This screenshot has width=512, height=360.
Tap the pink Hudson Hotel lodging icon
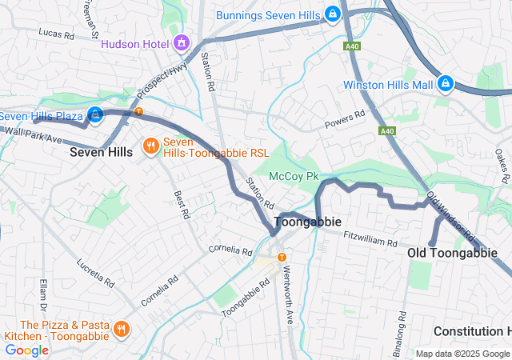tap(182, 41)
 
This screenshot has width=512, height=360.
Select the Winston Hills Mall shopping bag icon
tap(446, 84)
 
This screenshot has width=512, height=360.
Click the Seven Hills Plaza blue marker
tap(95, 116)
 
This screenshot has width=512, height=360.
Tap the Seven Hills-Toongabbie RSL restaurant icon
tap(150, 146)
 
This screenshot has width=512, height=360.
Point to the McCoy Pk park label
tap(294, 175)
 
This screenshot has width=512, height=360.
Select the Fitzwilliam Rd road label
tap(370, 238)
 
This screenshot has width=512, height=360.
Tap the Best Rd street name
tap(182, 205)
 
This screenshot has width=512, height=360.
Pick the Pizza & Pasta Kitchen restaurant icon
tap(121, 329)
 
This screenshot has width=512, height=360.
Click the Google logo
tap(26, 350)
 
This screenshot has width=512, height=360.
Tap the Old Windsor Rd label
tap(451, 216)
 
